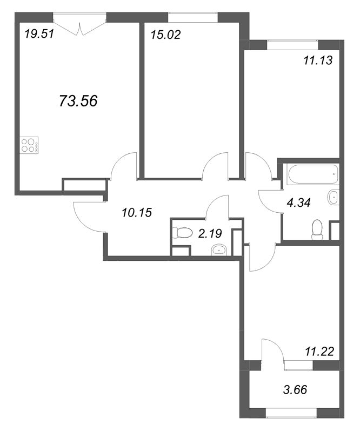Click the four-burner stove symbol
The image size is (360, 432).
(x=30, y=145)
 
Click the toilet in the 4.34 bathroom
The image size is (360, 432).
(x=318, y=229)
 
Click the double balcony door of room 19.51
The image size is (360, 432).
(x=81, y=25)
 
